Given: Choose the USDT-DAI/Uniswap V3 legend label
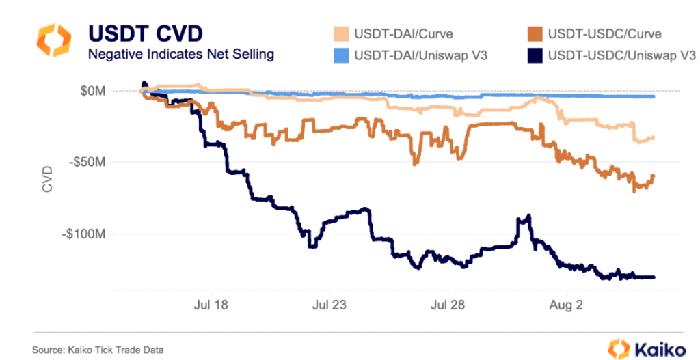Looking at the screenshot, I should pos(420,55).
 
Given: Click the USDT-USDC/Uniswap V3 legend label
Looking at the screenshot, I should pos(618,55).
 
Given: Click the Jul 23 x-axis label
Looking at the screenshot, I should pos(329,305).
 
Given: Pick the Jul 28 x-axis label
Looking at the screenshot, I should pos(447,305).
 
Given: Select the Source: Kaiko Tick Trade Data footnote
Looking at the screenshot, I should pos(98,350).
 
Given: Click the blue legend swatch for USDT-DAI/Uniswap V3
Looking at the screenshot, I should pos(342,55).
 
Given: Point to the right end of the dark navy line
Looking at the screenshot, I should pos(654,277).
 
